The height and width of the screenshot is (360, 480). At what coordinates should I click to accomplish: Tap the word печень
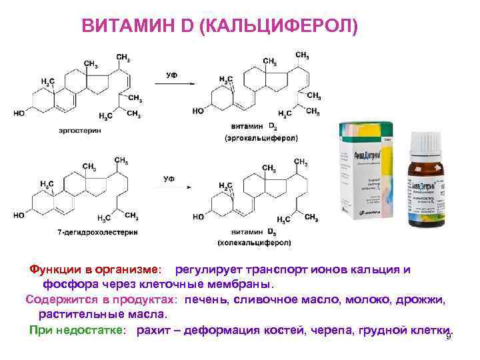205,301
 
